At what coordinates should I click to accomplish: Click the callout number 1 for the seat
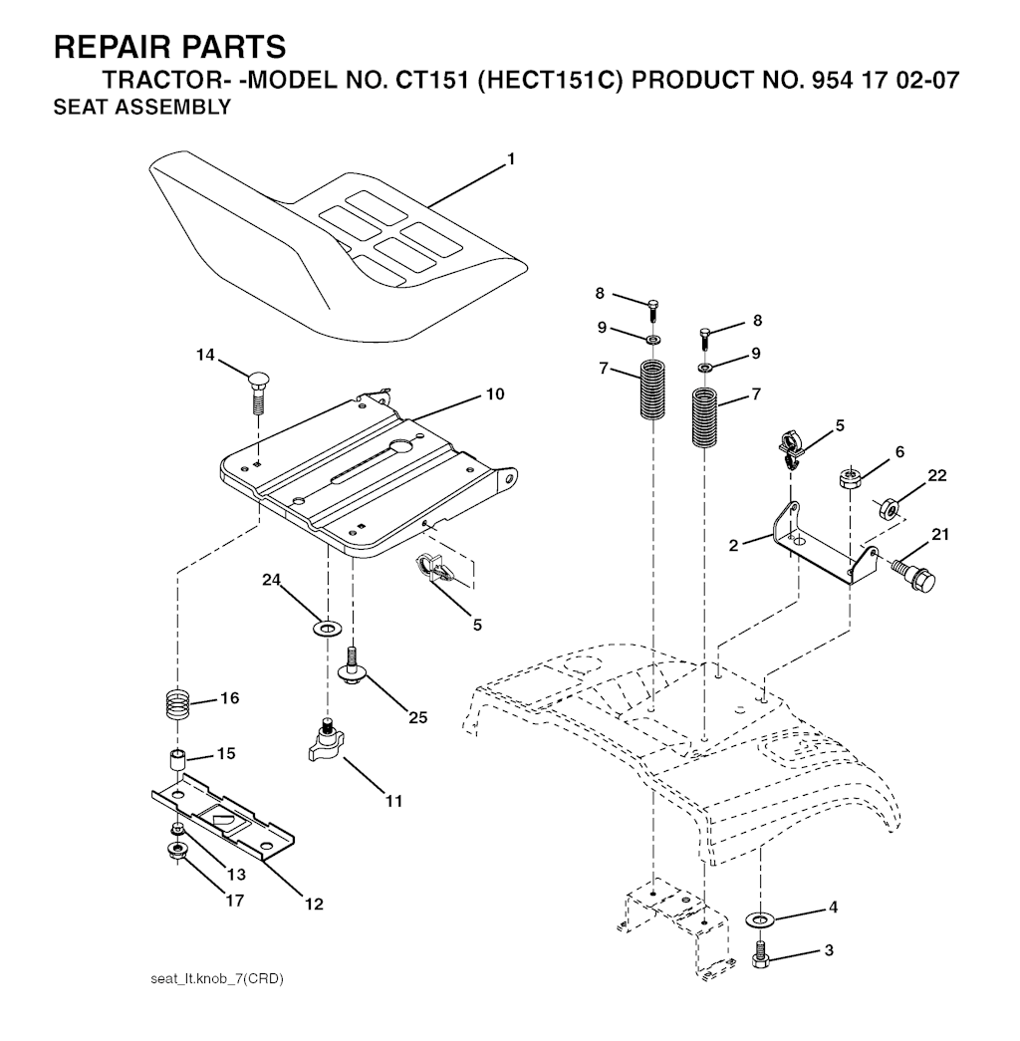click(511, 158)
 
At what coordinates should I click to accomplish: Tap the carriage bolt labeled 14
click(258, 394)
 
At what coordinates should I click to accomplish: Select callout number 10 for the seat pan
click(495, 393)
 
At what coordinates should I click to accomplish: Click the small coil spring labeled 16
click(178, 703)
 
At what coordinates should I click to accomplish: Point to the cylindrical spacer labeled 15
click(177, 760)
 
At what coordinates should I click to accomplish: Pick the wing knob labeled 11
click(327, 741)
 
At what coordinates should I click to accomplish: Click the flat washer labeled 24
click(327, 627)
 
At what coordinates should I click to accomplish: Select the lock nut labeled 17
click(177, 850)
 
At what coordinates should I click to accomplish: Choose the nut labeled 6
click(851, 478)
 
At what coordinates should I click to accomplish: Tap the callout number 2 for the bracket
click(733, 546)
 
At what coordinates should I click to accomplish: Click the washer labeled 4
click(759, 919)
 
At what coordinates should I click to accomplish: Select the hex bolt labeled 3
click(760, 954)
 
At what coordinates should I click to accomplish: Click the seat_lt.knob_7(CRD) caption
click(217, 979)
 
